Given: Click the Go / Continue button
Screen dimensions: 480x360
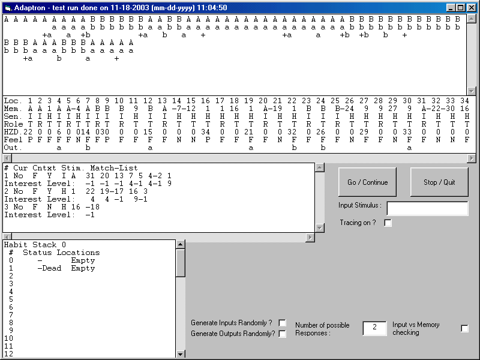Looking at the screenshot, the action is pyautogui.click(x=367, y=182).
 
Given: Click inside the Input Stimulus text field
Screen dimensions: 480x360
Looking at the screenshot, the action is pyautogui.click(x=427, y=208).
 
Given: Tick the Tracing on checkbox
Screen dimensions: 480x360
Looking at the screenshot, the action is pyautogui.click(x=388, y=223).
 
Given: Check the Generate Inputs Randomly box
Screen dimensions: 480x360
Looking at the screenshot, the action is pyautogui.click(x=282, y=323).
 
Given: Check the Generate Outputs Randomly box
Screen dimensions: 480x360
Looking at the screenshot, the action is pyautogui.click(x=282, y=334).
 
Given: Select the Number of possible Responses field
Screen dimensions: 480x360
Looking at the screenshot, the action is pyautogui.click(x=374, y=328).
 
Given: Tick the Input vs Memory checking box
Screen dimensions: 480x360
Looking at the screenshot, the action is pyautogui.click(x=464, y=328).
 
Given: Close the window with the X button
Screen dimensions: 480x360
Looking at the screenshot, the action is pyautogui.click(x=472, y=8).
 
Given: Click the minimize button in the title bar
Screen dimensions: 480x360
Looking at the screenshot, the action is pyautogui.click(x=451, y=8).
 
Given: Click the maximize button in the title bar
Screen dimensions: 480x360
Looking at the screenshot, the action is pyautogui.click(x=460, y=8).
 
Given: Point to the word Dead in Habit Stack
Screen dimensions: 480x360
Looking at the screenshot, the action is pyautogui.click(x=52, y=268).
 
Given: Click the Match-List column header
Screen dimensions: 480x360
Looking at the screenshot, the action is pyautogui.click(x=114, y=168).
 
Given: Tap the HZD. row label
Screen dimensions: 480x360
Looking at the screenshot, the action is pyautogui.click(x=13, y=132).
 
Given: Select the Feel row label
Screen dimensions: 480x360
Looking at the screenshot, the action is pyautogui.click(x=13, y=140).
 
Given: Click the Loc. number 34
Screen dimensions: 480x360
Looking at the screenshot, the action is pyautogui.click(x=464, y=101).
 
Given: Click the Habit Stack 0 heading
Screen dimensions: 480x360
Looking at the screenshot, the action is pyautogui.click(x=35, y=245).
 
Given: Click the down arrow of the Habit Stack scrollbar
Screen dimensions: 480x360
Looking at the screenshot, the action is pyautogui.click(x=181, y=354).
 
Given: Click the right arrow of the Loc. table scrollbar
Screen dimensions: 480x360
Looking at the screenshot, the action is pyautogui.click(x=472, y=158).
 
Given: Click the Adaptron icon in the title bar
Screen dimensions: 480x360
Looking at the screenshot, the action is pyautogui.click(x=8, y=8).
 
